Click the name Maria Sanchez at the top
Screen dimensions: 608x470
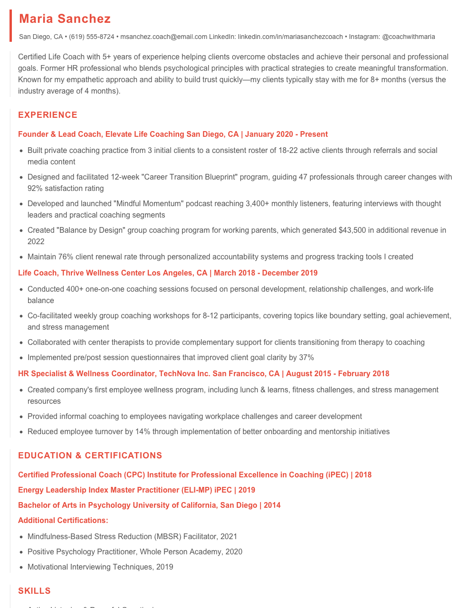pos(65,19)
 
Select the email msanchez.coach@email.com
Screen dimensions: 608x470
pos(164,37)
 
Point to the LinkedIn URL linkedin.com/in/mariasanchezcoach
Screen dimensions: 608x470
pos(290,37)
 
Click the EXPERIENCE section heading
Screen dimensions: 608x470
pos(48,115)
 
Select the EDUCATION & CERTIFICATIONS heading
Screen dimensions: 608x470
pos(90,456)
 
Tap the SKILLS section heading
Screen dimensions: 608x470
pos(34,591)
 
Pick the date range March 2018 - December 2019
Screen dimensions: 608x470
pos(266,273)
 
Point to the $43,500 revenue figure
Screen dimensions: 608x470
pos(352,230)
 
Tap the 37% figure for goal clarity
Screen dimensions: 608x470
pos(307,358)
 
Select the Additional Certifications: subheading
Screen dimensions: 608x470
pos(63,521)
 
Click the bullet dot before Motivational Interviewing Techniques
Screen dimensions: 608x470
pos(21,567)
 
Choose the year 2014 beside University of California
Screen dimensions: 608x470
pos(272,505)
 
